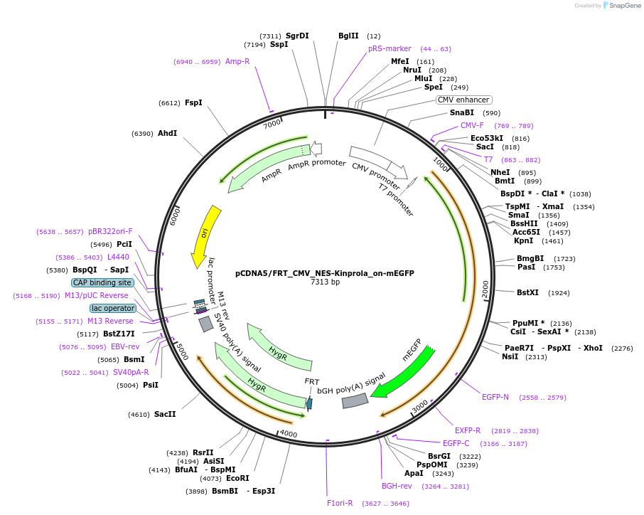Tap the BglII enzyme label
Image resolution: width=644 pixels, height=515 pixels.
348,36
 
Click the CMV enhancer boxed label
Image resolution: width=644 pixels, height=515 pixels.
463,100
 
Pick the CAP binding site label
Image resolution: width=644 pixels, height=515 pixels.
102,282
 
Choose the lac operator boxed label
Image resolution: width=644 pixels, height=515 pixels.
113,308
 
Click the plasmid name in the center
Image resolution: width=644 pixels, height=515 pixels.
325,273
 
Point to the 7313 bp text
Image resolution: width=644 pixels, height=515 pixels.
325,282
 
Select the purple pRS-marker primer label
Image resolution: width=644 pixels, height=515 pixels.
390,49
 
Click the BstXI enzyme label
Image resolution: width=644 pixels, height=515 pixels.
528,292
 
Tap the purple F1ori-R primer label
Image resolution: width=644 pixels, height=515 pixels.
338,503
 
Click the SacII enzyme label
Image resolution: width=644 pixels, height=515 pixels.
165,414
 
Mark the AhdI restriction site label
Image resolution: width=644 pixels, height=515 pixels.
167,133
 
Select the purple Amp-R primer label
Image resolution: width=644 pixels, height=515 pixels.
237,61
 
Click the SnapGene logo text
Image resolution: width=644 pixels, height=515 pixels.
623,6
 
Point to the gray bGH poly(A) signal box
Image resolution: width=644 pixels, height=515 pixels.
355,401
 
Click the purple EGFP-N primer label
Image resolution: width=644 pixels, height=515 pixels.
495,397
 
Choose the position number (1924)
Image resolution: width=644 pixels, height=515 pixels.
559,292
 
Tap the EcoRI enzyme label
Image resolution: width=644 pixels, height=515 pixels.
237,478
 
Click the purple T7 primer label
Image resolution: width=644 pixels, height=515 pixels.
488,159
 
